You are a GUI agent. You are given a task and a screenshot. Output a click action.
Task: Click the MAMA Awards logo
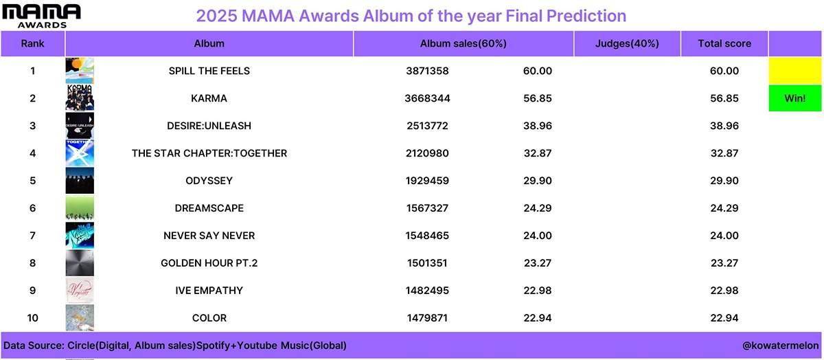pyautogui.click(x=41, y=16)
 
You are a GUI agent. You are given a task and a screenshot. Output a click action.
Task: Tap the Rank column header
pyautogui.click(x=33, y=43)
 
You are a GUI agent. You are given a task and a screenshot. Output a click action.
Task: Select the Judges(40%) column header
pyautogui.click(x=627, y=43)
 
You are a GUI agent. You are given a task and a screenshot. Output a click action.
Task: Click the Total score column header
pyautogui.click(x=724, y=43)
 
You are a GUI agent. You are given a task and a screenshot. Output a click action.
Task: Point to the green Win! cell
pyautogui.click(x=795, y=98)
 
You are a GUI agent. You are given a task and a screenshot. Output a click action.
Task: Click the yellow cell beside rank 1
pyautogui.click(x=795, y=71)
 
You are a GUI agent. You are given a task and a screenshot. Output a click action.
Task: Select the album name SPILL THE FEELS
pyautogui.click(x=209, y=71)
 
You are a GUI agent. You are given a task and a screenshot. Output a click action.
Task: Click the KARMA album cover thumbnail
pyautogui.click(x=80, y=98)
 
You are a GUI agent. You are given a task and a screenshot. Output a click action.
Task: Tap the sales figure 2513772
pyautogui.click(x=427, y=126)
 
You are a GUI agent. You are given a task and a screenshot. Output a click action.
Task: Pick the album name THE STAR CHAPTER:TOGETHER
pyautogui.click(x=209, y=153)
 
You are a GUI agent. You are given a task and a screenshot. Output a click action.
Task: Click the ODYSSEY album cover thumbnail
pyautogui.click(x=80, y=181)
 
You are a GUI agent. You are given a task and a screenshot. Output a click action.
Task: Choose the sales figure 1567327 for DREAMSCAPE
pyautogui.click(x=427, y=208)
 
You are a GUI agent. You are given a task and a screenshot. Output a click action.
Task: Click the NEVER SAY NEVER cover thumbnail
pyautogui.click(x=80, y=235)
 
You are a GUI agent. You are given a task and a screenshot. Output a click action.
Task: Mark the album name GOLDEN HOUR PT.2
pyautogui.click(x=209, y=263)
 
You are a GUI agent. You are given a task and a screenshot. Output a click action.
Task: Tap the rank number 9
pyautogui.click(x=33, y=291)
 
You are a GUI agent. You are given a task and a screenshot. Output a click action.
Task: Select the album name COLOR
pyautogui.click(x=209, y=317)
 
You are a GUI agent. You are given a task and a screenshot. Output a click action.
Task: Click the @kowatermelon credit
pyautogui.click(x=781, y=346)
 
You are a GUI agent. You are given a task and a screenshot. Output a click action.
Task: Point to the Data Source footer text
pyautogui.click(x=174, y=346)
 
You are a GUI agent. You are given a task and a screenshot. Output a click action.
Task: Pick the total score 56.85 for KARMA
pyautogui.click(x=724, y=98)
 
